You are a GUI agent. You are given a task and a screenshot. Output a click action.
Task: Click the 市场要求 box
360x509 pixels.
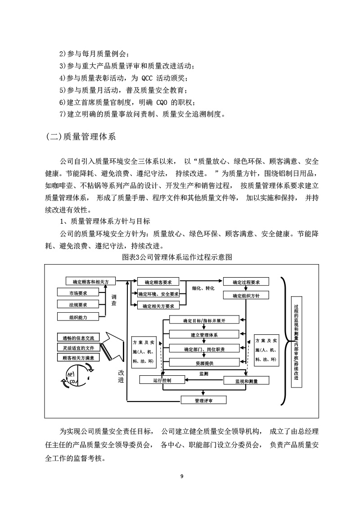coord(78,293)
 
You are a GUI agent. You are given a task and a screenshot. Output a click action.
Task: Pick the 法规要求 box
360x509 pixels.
coord(78,305)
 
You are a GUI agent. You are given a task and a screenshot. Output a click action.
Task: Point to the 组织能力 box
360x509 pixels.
coord(78,317)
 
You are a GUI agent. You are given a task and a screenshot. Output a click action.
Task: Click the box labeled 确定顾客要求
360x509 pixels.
coord(158,282)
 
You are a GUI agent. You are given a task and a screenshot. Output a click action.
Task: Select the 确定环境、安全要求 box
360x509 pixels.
coord(158,294)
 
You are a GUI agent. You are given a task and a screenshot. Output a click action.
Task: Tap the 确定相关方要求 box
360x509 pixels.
coord(158,306)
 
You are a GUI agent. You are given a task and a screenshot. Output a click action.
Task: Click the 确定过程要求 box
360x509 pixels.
coord(246,282)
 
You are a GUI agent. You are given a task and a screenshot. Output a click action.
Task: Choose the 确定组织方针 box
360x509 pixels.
coord(246,296)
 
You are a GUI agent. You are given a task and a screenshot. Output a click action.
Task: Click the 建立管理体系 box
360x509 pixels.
coord(204,334)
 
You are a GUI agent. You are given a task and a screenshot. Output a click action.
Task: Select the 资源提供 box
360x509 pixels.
coord(204,363)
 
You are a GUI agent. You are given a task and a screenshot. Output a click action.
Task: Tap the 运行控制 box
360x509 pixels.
coord(162,380)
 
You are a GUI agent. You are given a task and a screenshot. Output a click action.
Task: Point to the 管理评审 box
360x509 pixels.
coord(203,400)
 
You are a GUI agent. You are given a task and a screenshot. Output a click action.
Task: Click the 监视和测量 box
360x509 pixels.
coord(246,381)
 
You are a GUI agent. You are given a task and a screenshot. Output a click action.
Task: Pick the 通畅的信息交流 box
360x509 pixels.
coord(78,337)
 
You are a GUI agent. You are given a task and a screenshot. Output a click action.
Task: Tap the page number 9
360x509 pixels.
coord(181,476)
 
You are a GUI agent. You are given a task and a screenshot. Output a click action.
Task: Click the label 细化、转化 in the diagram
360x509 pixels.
coord(203,288)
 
